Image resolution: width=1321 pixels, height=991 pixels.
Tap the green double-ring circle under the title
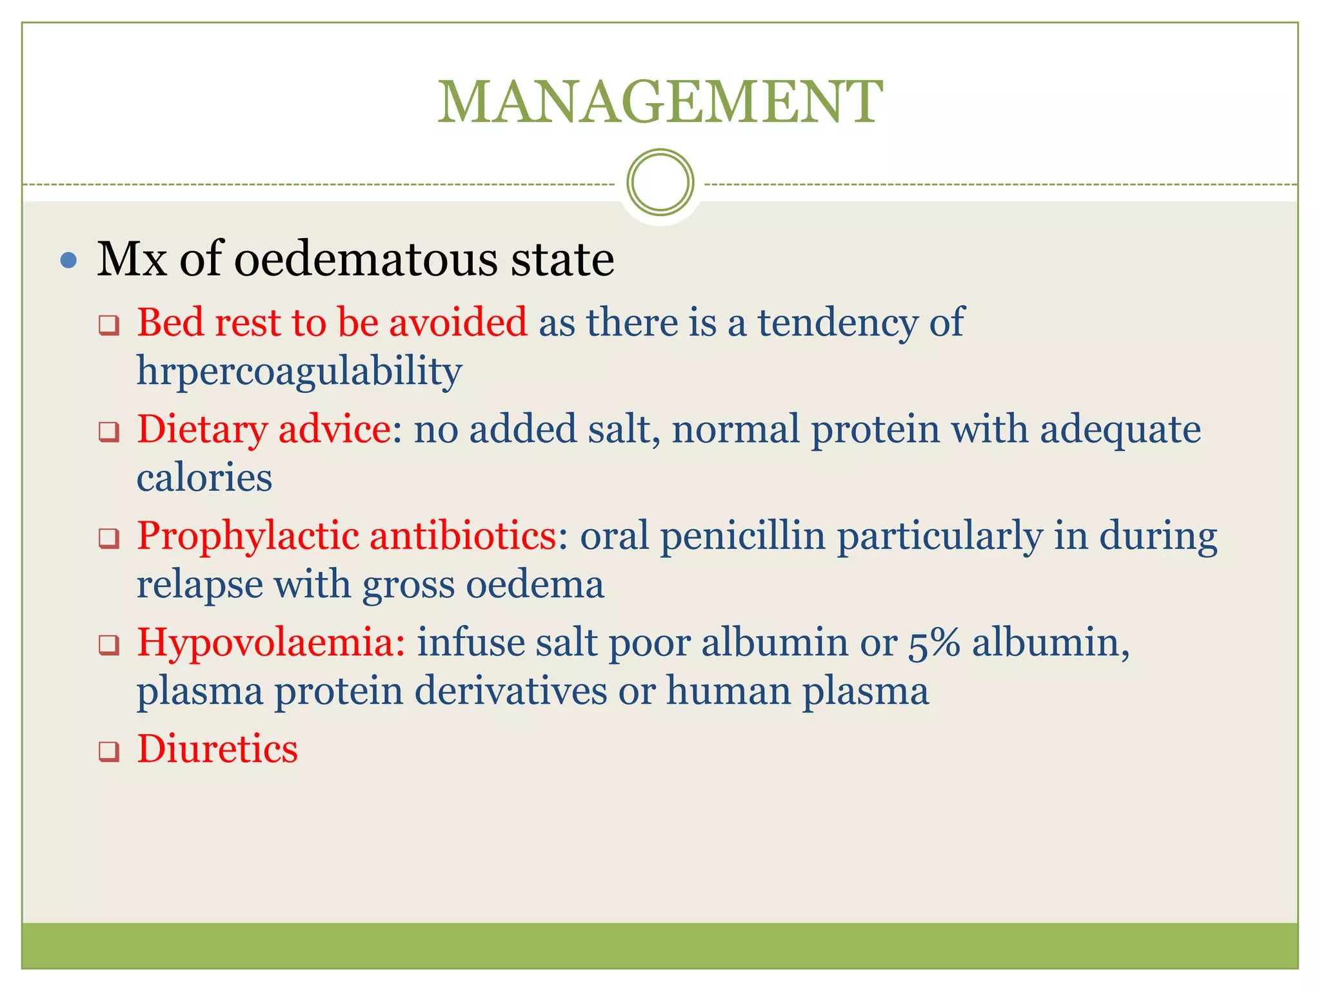[660, 182]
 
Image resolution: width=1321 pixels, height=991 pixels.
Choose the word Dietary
[202, 429]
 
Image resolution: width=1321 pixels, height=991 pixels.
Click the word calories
[204, 478]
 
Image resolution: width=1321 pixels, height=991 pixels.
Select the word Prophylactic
[248, 536]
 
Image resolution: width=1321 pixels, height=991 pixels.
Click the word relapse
[200, 585]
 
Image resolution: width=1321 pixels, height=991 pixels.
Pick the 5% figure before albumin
[934, 643]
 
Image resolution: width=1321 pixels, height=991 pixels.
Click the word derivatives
[510, 691]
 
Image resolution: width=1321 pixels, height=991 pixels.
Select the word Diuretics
[217, 749]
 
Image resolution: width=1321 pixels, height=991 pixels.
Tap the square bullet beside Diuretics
[109, 751]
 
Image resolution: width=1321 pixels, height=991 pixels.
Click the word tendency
[837, 322]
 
